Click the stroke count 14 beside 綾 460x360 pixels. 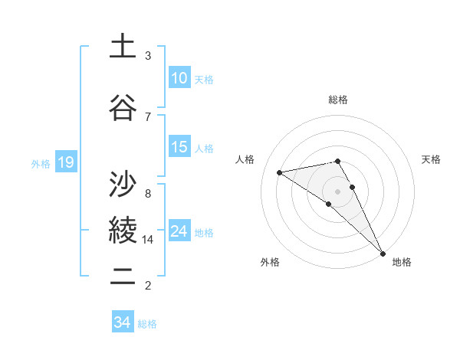(x=148, y=240)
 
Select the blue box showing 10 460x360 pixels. (x=179, y=78)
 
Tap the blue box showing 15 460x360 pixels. (x=179, y=147)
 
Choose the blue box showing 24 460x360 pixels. (x=179, y=231)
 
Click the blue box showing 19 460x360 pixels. (x=65, y=162)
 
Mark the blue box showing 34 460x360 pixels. (x=122, y=322)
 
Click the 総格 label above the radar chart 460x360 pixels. (x=338, y=100)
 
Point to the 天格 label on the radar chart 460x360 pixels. (x=431, y=159)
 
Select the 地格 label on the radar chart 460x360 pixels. (x=402, y=262)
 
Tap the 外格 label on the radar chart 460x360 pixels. (x=270, y=262)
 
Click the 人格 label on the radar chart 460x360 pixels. (x=245, y=159)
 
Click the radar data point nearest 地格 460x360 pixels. (x=383, y=252)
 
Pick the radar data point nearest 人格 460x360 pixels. (x=280, y=172)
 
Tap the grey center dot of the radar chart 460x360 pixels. (x=338, y=191)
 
